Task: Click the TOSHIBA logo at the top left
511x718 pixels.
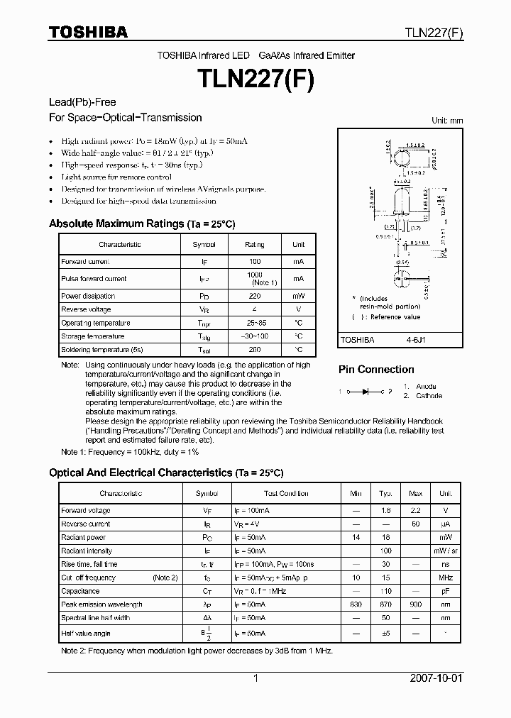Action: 88,32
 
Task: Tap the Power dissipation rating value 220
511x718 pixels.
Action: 254,296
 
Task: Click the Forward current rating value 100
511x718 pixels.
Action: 254,262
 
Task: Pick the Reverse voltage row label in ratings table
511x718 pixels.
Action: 86,309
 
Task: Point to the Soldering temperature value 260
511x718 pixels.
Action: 254,350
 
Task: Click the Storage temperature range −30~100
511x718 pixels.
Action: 254,336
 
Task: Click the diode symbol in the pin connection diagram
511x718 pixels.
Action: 366,391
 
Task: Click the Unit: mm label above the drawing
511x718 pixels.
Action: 447,121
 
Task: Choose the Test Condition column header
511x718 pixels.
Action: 286,493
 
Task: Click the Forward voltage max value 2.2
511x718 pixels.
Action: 416,510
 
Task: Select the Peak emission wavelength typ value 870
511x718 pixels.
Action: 385,604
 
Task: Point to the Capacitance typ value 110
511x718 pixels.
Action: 385,591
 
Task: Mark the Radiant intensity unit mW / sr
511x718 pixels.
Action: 445,551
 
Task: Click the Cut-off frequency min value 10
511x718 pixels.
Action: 356,578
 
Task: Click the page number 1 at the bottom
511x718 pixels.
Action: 255,678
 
